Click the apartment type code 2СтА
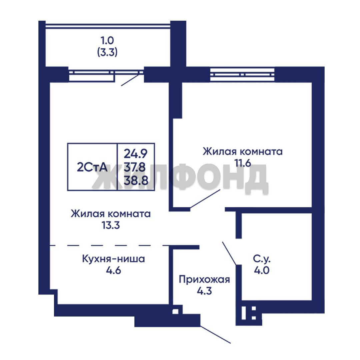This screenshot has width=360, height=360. tap(92, 167)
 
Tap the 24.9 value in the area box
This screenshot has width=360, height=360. tap(136, 154)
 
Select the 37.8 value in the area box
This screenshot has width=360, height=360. tap(135, 167)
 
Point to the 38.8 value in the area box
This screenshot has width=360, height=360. tap(136, 180)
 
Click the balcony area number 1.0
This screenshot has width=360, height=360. tap(107, 41)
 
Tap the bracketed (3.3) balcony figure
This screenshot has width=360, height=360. tap(107, 53)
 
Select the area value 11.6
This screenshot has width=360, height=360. tap(243, 163)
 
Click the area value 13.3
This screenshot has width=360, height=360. tap(111, 225)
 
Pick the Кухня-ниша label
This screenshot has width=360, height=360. tap(113, 259)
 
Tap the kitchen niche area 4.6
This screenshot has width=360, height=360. tap(113, 270)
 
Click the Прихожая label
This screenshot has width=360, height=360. tap(204, 280)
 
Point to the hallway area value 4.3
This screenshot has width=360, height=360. tap(204, 291)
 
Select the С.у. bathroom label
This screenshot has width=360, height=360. tap(262, 259)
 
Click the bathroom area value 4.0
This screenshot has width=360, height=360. tap(262, 270)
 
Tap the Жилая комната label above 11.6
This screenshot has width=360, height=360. tap(243, 152)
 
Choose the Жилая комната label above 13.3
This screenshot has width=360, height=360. tap(111, 214)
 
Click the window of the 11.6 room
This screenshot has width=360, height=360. tap(242, 74)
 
